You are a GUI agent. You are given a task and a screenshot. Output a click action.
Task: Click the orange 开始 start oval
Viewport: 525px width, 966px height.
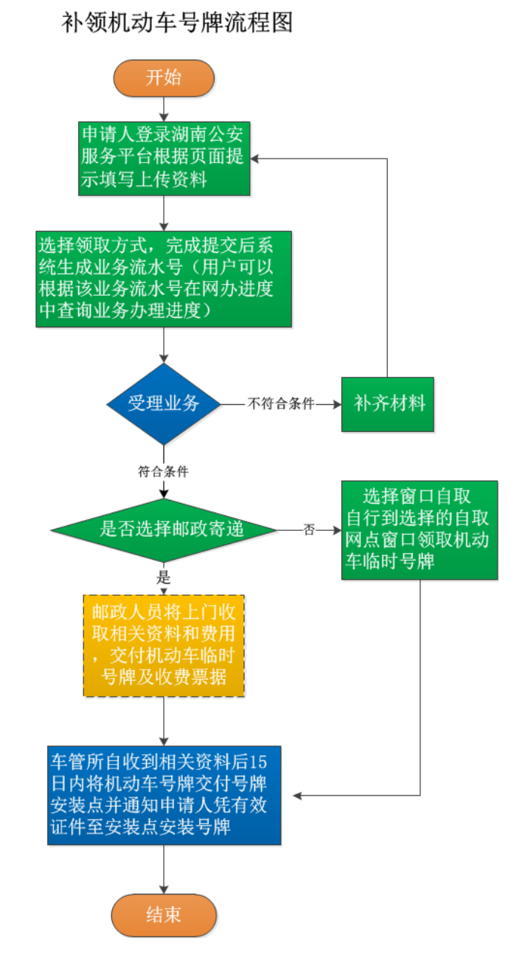[163, 78]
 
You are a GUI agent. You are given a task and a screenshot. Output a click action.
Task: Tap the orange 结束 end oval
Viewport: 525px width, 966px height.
[163, 915]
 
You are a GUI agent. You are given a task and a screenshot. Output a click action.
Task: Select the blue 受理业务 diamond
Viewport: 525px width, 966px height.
[163, 403]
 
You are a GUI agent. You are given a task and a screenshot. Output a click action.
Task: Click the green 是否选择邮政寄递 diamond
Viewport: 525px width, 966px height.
[163, 529]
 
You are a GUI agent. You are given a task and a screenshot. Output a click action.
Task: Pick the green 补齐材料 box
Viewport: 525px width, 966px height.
[388, 404]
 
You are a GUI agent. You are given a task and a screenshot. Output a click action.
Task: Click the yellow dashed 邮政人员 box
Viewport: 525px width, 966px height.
[163, 645]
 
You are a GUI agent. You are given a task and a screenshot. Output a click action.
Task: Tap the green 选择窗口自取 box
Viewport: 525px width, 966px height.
[419, 529]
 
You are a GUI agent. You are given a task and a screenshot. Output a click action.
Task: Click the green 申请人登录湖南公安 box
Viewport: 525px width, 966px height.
[164, 157]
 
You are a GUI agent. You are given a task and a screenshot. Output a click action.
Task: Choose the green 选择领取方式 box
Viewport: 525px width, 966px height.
[164, 279]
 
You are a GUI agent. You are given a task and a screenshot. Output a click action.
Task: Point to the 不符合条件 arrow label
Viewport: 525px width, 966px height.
[281, 404]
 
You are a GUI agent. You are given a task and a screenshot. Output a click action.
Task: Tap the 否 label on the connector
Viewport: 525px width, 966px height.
[309, 529]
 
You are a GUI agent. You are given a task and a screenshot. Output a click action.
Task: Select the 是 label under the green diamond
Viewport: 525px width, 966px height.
[163, 577]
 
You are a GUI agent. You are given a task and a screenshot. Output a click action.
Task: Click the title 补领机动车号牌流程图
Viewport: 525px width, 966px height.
[177, 23]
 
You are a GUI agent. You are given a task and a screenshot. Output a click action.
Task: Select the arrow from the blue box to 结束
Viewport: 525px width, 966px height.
[163, 870]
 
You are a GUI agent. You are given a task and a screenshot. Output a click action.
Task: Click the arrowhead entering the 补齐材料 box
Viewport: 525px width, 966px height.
[335, 404]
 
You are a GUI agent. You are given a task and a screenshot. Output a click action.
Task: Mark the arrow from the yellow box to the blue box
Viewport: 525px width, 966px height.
[163, 721]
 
